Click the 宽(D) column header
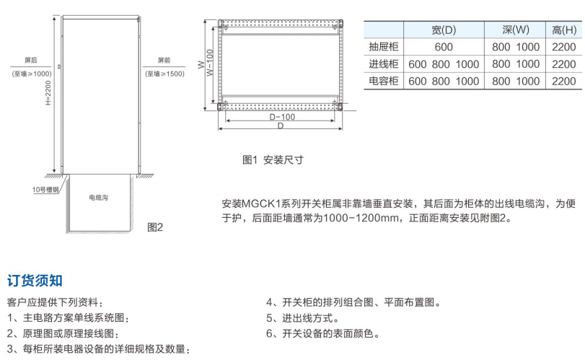pos(444,30)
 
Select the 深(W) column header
pos(516,30)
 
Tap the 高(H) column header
pos(563,30)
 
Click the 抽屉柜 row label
pos(383,47)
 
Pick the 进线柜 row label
pos(383,64)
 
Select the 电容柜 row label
pos(383,82)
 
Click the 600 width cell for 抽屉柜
pos(444,47)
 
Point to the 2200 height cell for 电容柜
pos(563,82)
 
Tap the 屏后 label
pos(31,61)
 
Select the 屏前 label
pos(164,61)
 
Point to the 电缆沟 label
pos(99,197)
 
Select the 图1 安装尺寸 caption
pos(273,160)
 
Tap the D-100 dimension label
pos(281,117)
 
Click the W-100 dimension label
pos(209,63)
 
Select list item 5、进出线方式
pos(303,318)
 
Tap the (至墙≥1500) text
pos(164,74)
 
